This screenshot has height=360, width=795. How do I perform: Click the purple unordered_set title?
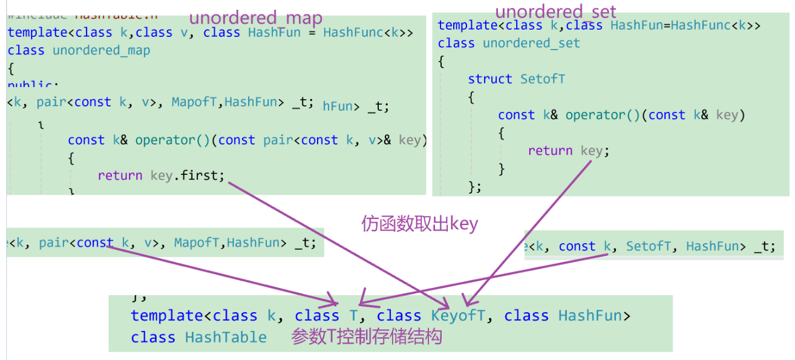pos(555,11)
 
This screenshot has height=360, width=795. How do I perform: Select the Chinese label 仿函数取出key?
pos(419,224)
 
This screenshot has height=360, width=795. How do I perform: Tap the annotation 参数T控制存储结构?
pos(367,336)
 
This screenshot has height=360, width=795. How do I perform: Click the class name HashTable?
pos(226,338)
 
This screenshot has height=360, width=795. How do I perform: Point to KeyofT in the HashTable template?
pos(458,316)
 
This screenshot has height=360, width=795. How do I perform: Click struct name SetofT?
pos(543,79)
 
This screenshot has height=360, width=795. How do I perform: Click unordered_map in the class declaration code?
pos(101,50)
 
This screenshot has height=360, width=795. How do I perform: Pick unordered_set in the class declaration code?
pos(531,43)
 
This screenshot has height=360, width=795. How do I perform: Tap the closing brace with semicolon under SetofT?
pos(475,187)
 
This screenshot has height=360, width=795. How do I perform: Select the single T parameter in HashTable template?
pos(353,316)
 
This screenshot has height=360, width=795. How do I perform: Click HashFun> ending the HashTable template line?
pos(594,316)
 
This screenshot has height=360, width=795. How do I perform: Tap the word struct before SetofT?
pos(490,79)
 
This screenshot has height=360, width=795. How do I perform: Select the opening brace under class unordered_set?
pos(441,61)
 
